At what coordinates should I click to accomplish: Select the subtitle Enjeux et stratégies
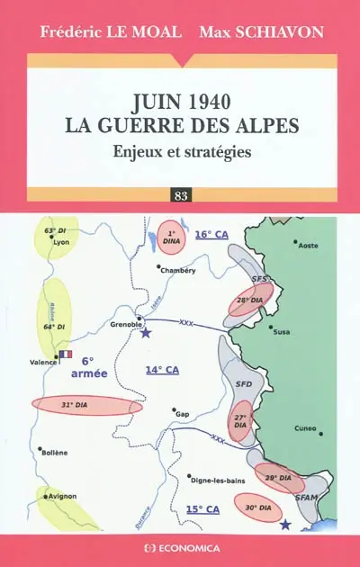tap(181, 151)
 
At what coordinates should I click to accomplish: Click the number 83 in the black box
tap(180, 195)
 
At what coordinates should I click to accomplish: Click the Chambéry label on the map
tap(178, 269)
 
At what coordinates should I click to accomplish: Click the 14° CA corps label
tap(163, 370)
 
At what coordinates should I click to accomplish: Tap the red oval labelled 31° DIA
tap(86, 405)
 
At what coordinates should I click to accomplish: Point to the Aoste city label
tap(309, 245)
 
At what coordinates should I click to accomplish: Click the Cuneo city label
tap(306, 428)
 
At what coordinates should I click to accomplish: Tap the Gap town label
tap(182, 414)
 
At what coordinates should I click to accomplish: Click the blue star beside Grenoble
tap(146, 333)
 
